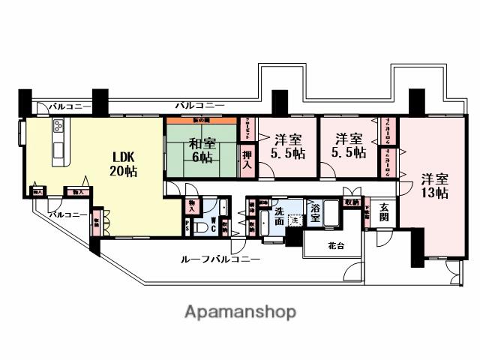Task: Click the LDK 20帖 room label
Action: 124,164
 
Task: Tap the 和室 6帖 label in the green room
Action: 201,151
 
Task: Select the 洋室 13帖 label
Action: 434,186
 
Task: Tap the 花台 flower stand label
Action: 333,246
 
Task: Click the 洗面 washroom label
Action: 279,212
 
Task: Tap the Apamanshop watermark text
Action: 240,311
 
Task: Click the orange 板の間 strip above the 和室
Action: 201,119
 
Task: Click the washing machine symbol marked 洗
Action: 295,220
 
